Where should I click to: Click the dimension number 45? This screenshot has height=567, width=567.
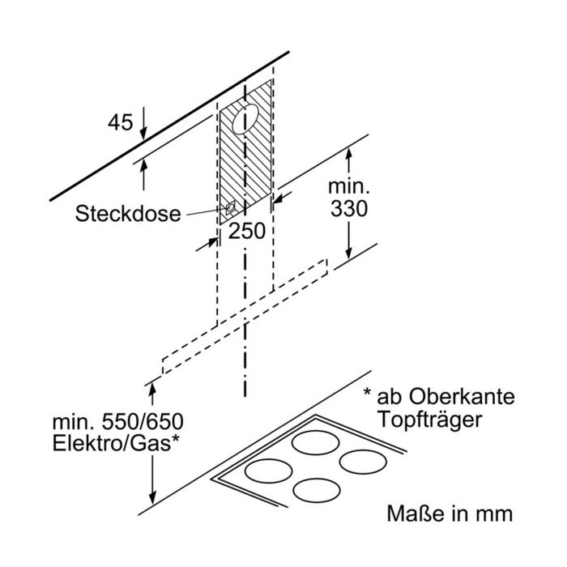pyautogui.click(x=120, y=122)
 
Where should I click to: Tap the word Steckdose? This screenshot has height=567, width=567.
pyautogui.click(x=128, y=213)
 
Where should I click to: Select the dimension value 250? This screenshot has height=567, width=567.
pyautogui.click(x=247, y=231)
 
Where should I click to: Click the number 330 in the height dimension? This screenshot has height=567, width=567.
pyautogui.click(x=349, y=209)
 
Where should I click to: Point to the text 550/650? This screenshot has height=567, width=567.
pyautogui.click(x=143, y=422)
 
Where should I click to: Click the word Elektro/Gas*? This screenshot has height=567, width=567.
pyautogui.click(x=116, y=443)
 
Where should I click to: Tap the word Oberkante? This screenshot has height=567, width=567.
pyautogui.click(x=462, y=397)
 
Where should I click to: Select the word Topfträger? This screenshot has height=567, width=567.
pyautogui.click(x=429, y=420)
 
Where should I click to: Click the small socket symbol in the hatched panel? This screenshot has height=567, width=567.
pyautogui.click(x=230, y=208)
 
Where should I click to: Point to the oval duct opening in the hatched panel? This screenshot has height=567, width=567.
pyautogui.click(x=245, y=119)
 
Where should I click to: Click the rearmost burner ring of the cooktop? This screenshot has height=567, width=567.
pyautogui.click(x=316, y=442)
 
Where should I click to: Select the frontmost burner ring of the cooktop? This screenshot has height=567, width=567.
pyautogui.click(x=317, y=490)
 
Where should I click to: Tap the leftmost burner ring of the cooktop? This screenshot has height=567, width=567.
pyautogui.click(x=268, y=471)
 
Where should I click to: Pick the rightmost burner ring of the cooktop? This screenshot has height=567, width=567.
pyautogui.click(x=363, y=463)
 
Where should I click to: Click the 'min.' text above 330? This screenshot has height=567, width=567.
pyautogui.click(x=349, y=186)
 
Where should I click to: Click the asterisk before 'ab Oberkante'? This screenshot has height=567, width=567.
pyautogui.click(x=368, y=392)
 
